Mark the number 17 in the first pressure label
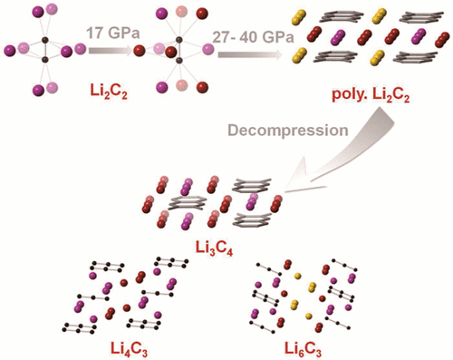(x=93, y=33)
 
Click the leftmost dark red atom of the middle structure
(x=140, y=49)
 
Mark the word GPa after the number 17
(x=118, y=33)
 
